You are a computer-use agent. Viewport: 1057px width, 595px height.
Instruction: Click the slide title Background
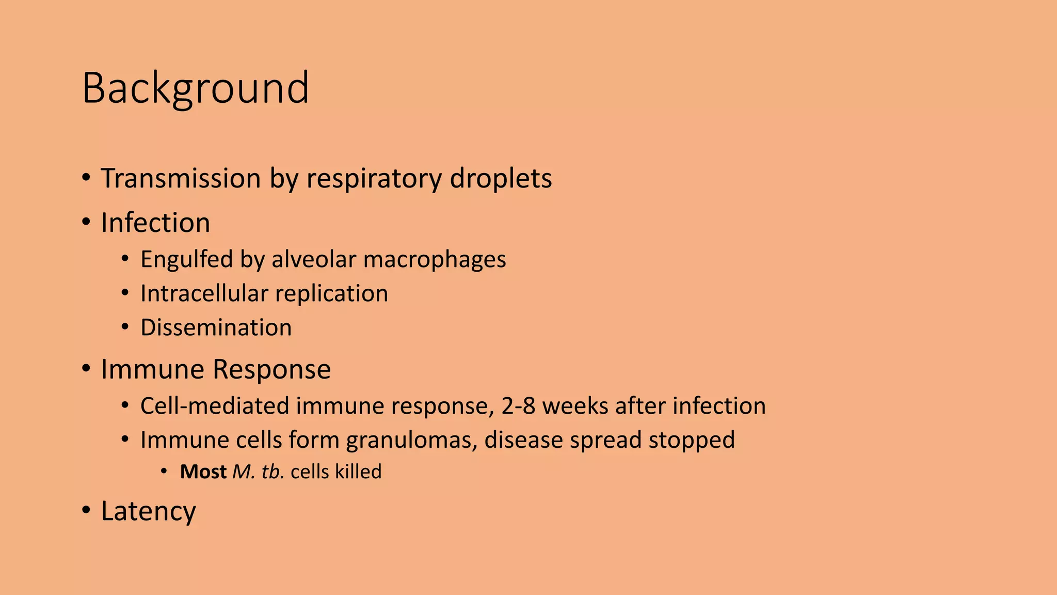point(195,89)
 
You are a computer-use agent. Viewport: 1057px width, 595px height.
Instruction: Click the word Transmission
point(181,179)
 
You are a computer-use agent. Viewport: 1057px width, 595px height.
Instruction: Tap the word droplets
point(501,179)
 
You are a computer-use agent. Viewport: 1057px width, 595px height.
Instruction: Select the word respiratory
point(374,179)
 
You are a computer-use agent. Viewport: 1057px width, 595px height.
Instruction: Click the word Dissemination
point(216,328)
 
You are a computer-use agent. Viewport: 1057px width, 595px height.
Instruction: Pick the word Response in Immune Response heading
point(271,369)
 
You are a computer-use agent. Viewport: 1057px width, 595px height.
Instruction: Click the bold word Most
point(203,472)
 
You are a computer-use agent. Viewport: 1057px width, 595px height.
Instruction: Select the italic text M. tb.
point(258,472)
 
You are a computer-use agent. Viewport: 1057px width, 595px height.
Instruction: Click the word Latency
point(148,511)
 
